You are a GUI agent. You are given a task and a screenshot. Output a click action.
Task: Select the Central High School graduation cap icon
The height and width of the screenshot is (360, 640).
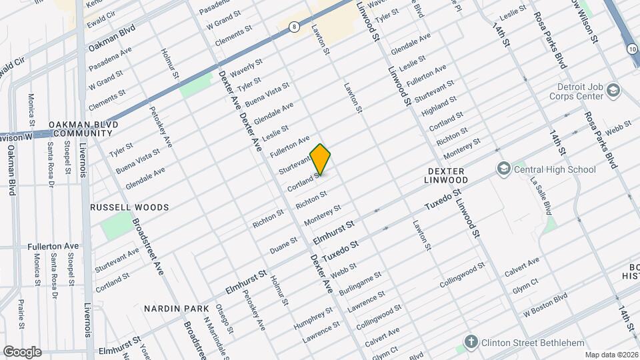(x=503, y=169)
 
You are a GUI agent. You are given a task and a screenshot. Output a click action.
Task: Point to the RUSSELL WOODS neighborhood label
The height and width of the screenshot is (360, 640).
(x=129, y=207)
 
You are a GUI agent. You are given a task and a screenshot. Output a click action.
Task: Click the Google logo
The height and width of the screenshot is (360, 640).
(x=23, y=351)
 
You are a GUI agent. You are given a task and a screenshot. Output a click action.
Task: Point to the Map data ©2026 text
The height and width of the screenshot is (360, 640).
(x=611, y=354)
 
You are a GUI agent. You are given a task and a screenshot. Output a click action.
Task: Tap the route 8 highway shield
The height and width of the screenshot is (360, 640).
(x=293, y=27)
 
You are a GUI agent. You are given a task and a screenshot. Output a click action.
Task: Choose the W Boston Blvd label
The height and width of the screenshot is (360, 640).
(x=545, y=305)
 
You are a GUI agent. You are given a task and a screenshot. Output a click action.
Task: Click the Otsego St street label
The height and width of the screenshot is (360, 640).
(x=225, y=319)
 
